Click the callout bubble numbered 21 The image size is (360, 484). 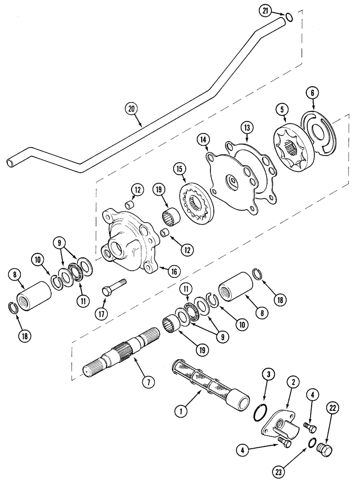276,12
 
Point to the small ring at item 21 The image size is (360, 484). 289,17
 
